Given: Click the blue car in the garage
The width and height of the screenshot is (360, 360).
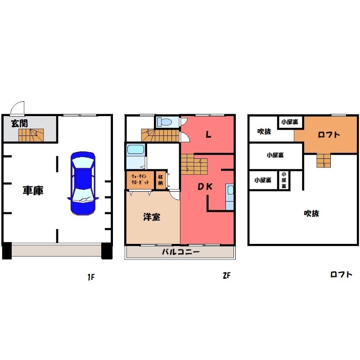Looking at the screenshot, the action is coord(83,183).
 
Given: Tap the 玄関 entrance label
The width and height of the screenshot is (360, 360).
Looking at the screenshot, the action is coord(19,123).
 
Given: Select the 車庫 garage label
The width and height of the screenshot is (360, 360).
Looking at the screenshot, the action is coord(33,190).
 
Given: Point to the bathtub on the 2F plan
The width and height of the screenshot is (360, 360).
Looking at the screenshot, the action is coord(136,149).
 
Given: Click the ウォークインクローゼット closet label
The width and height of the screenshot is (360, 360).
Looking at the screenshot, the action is coord(140,180).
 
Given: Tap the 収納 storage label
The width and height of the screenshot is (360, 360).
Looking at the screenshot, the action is coord(160,180).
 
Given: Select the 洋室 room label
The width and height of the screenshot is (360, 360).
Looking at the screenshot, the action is coord(152,217).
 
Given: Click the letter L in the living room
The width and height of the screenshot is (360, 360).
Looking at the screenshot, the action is coord(208,134).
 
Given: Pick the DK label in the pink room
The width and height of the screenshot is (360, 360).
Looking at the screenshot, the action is coord(205,187).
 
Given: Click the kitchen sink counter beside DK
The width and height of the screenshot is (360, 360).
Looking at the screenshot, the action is coord(229,197).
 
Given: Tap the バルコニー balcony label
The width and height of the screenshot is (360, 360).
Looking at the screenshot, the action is coord(181,252).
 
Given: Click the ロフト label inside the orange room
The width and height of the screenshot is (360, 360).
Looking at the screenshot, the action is coord(329,135).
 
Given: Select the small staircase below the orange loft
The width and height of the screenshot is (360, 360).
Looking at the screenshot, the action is coord(324,161).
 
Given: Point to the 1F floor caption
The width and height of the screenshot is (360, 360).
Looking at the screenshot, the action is coord(91,277).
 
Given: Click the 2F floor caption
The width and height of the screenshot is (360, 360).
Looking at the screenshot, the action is coord(226,275).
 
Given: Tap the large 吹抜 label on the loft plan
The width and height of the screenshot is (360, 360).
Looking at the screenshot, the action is coord(311,213).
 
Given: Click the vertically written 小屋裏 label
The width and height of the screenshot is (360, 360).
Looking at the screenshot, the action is coord(284,180).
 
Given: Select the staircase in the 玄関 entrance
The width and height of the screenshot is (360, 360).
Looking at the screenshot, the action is coord(31,135).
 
